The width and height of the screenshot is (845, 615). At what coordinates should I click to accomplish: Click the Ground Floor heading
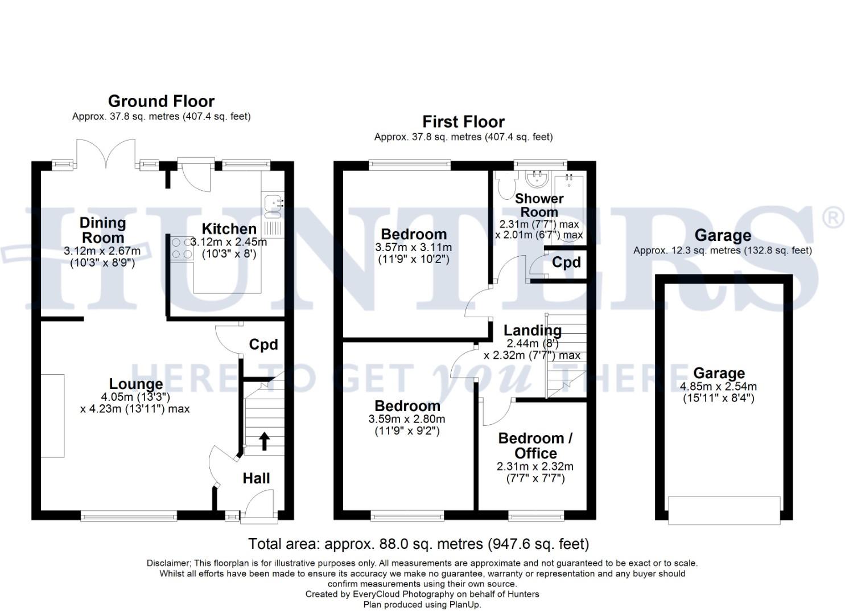[161, 101]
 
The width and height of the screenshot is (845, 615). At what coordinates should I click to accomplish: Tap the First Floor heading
[463, 122]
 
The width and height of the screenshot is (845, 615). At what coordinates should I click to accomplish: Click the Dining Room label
[102, 230]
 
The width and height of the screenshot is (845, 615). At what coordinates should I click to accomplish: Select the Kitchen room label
[229, 229]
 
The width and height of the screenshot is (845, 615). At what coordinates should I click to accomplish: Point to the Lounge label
[136, 384]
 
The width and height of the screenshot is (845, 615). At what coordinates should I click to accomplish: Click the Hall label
[256, 478]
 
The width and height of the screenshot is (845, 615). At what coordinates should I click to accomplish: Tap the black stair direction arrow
[265, 441]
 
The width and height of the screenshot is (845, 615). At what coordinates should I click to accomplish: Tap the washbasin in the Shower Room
[535, 179]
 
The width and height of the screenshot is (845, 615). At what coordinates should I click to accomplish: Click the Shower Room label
[539, 205]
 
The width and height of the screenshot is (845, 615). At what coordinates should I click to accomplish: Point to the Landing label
[533, 330]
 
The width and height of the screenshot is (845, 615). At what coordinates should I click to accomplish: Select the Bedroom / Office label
[535, 445]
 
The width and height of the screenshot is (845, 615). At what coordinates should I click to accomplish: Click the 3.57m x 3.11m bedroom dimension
[414, 247]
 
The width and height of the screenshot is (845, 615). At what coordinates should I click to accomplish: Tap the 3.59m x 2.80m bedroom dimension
[407, 419]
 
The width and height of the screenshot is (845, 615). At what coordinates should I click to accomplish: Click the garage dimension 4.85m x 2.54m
[719, 386]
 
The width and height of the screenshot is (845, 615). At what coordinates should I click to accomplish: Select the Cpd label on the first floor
[566, 262]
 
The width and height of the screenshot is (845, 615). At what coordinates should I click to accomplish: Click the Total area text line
[419, 544]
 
